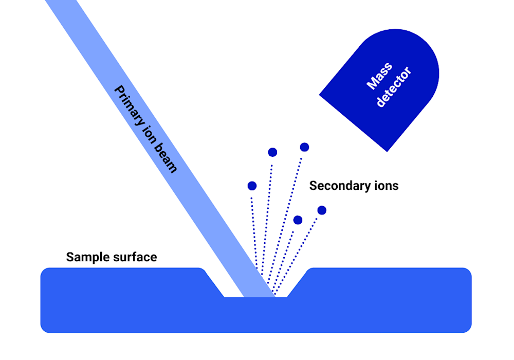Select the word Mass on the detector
(379, 76)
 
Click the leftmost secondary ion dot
(252, 186)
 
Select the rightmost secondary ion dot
(322, 210)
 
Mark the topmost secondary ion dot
(304, 147)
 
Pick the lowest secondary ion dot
(298, 220)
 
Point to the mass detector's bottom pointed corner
(387, 152)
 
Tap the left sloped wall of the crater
(214, 284)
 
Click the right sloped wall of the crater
(297, 284)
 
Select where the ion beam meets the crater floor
(260, 296)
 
